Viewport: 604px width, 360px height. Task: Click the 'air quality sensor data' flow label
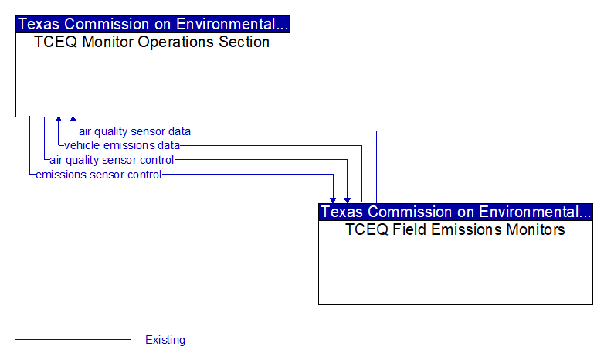tap(135, 131)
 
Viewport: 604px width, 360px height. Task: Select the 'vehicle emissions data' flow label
tap(122, 145)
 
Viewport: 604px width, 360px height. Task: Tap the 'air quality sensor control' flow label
tap(112, 160)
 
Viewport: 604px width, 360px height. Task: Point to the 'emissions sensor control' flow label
tap(98, 175)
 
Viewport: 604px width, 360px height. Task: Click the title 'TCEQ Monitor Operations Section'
tap(151, 42)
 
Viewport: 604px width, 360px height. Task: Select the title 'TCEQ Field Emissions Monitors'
tap(455, 229)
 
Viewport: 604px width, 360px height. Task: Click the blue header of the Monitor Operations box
tap(153, 24)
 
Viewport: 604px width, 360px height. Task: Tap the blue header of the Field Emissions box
tap(456, 212)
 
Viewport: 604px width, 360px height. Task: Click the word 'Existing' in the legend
tap(165, 340)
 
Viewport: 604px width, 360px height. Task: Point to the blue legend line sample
tap(73, 340)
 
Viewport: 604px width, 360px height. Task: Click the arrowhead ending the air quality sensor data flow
tap(73, 119)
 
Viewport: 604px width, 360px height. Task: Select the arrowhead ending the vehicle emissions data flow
tap(59, 119)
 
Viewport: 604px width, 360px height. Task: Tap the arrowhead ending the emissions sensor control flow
tap(333, 201)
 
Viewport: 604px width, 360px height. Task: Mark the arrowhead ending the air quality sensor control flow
tap(348, 201)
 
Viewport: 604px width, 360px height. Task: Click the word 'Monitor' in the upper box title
tap(107, 42)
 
